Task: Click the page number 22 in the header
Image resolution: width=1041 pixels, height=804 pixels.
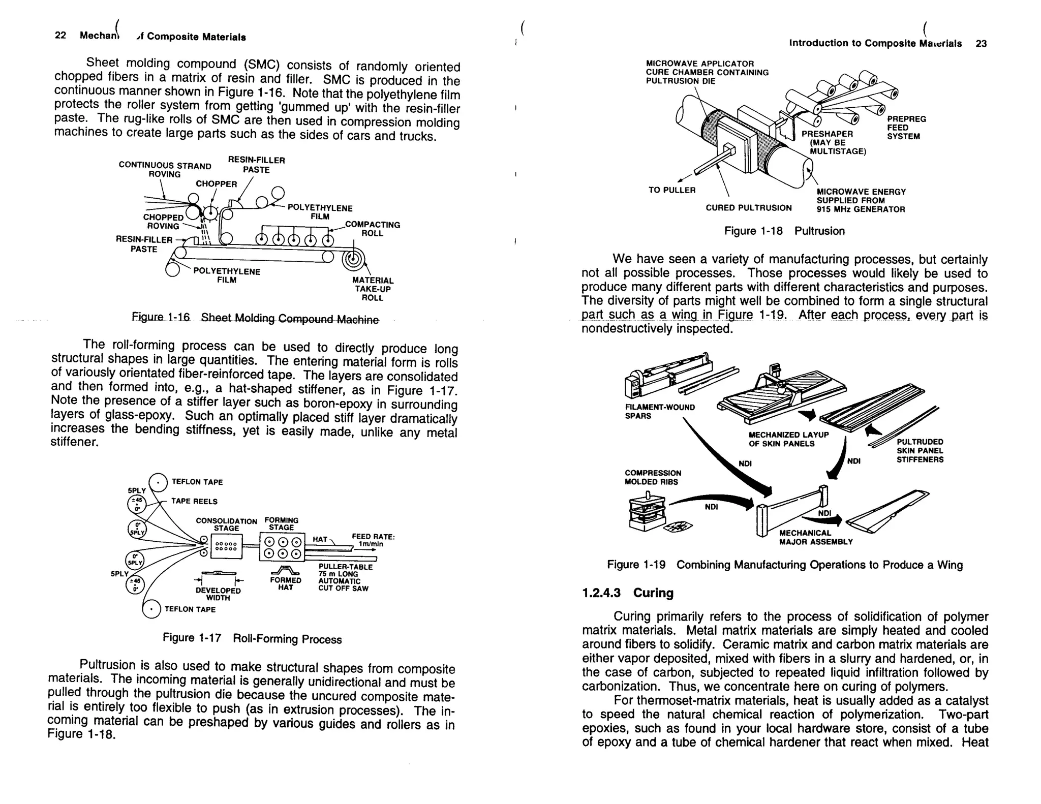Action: point(60,35)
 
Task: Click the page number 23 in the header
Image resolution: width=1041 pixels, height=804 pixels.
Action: point(981,44)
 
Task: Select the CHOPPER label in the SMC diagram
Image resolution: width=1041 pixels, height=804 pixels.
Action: point(217,184)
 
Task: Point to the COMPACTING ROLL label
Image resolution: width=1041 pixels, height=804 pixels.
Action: point(373,229)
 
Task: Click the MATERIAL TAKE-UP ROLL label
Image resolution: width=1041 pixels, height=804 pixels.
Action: point(373,289)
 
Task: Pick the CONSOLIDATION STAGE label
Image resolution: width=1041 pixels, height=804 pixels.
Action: point(226,524)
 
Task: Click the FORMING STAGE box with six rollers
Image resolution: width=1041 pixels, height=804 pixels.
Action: point(282,547)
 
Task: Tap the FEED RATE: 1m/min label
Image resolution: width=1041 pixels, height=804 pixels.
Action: point(373,540)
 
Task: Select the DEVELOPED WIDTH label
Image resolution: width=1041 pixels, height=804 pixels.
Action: point(218,594)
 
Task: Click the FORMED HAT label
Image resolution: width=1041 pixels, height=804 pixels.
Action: point(285,583)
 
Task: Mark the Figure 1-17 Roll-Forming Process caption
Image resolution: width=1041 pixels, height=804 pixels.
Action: point(252,638)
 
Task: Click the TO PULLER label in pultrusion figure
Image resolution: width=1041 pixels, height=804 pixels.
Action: point(671,190)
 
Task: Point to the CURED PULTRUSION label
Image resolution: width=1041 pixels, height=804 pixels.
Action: point(748,208)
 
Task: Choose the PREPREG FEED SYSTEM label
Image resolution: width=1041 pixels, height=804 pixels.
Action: point(906,128)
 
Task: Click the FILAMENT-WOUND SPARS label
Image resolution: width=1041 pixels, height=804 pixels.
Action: point(659,411)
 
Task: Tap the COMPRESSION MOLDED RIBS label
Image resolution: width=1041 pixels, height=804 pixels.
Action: point(653,477)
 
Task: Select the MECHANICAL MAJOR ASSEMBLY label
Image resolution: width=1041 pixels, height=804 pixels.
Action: point(815,537)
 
